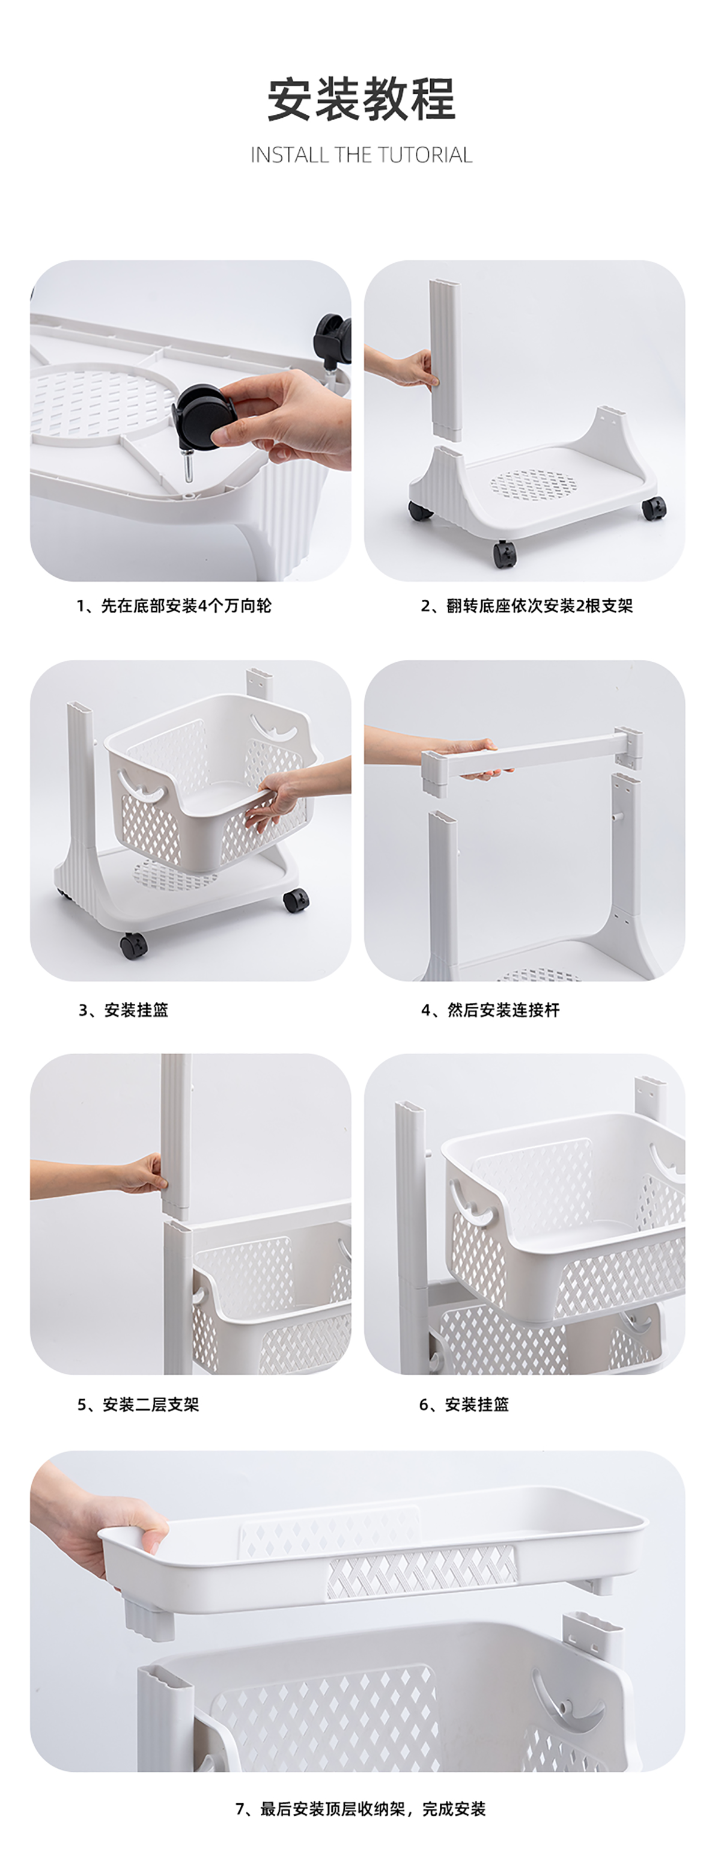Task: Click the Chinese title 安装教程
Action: point(361,99)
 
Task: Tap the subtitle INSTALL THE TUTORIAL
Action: point(361,154)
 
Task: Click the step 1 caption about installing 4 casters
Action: point(174,606)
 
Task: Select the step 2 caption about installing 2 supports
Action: point(527,606)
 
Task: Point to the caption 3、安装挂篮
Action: point(123,1010)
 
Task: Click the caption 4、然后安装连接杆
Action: point(490,1010)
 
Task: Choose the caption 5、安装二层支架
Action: point(138,1404)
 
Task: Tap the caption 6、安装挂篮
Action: point(464,1404)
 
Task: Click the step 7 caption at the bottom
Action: point(361,1809)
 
